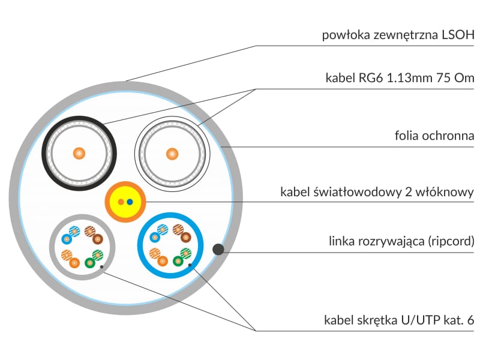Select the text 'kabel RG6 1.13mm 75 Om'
[x=400, y=79]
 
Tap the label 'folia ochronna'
[x=431, y=136]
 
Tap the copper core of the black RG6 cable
[x=79, y=153]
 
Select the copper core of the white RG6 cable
[x=172, y=153]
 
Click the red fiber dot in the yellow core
[x=121, y=202]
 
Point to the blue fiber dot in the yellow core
[x=130, y=202]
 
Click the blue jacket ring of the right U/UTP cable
[x=142, y=246]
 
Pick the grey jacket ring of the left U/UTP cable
[x=53, y=246]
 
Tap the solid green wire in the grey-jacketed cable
[x=90, y=262]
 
